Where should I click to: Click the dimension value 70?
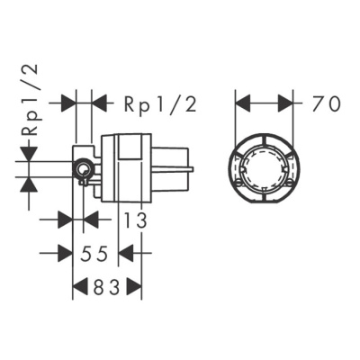tap(327, 103)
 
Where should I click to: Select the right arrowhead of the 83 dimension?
tap(134, 288)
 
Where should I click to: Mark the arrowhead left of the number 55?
tap(65, 254)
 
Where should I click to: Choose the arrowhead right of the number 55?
tap(127, 254)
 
